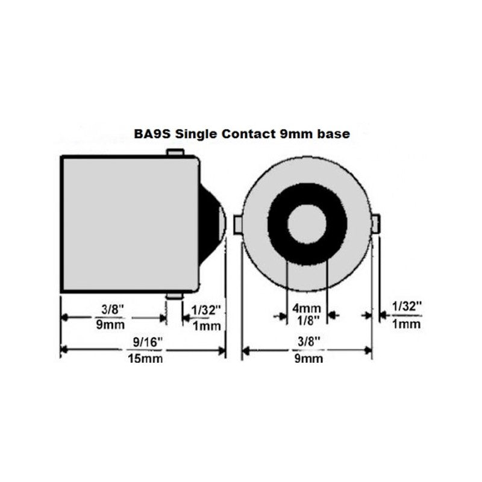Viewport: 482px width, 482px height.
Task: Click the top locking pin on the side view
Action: click(x=175, y=153)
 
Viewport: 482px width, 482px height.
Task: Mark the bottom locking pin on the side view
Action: click(x=175, y=296)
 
